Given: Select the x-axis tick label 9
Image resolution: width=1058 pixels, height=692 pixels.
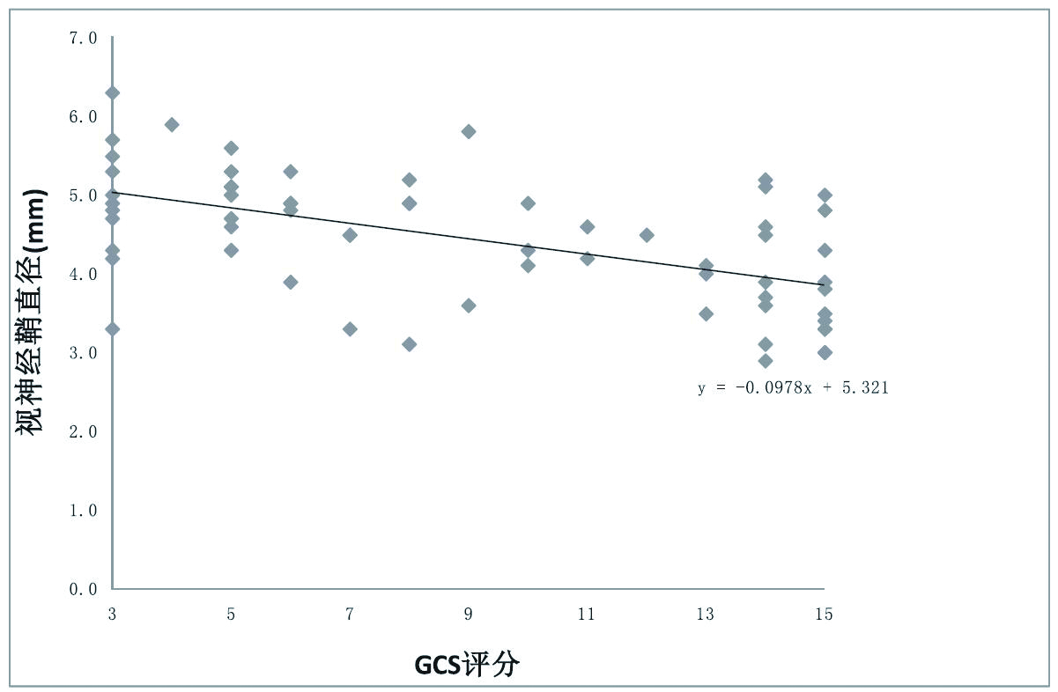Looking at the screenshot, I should click(468, 615).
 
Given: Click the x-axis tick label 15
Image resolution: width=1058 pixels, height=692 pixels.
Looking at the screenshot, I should click(824, 615).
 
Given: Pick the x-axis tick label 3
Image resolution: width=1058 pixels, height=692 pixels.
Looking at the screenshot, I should click(113, 615).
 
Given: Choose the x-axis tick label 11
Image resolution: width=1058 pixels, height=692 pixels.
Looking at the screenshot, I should click(587, 615).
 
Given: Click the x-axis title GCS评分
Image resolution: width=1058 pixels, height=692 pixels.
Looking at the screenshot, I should click(467, 665).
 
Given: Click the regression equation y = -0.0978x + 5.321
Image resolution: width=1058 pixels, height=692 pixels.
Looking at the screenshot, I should click(793, 387).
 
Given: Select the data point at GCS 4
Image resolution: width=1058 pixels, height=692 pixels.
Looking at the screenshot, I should click(172, 125).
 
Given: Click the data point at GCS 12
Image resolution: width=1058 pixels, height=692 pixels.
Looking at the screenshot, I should click(647, 235).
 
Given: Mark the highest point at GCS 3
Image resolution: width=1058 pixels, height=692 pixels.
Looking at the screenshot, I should click(112, 93).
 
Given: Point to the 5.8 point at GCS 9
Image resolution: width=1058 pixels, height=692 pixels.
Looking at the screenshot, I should click(469, 132).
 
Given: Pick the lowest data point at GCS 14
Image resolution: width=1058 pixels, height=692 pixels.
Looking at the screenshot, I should click(765, 361).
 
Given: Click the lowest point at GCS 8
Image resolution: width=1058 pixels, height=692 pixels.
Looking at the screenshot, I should click(409, 344).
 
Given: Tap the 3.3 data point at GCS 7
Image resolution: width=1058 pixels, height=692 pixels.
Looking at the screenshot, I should click(350, 329).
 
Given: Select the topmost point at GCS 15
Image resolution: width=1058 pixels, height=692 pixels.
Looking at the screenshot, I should click(825, 195).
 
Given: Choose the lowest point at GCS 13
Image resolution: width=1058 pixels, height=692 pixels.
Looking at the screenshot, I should click(706, 313).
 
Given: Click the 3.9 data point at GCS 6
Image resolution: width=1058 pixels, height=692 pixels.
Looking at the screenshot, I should click(290, 282).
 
